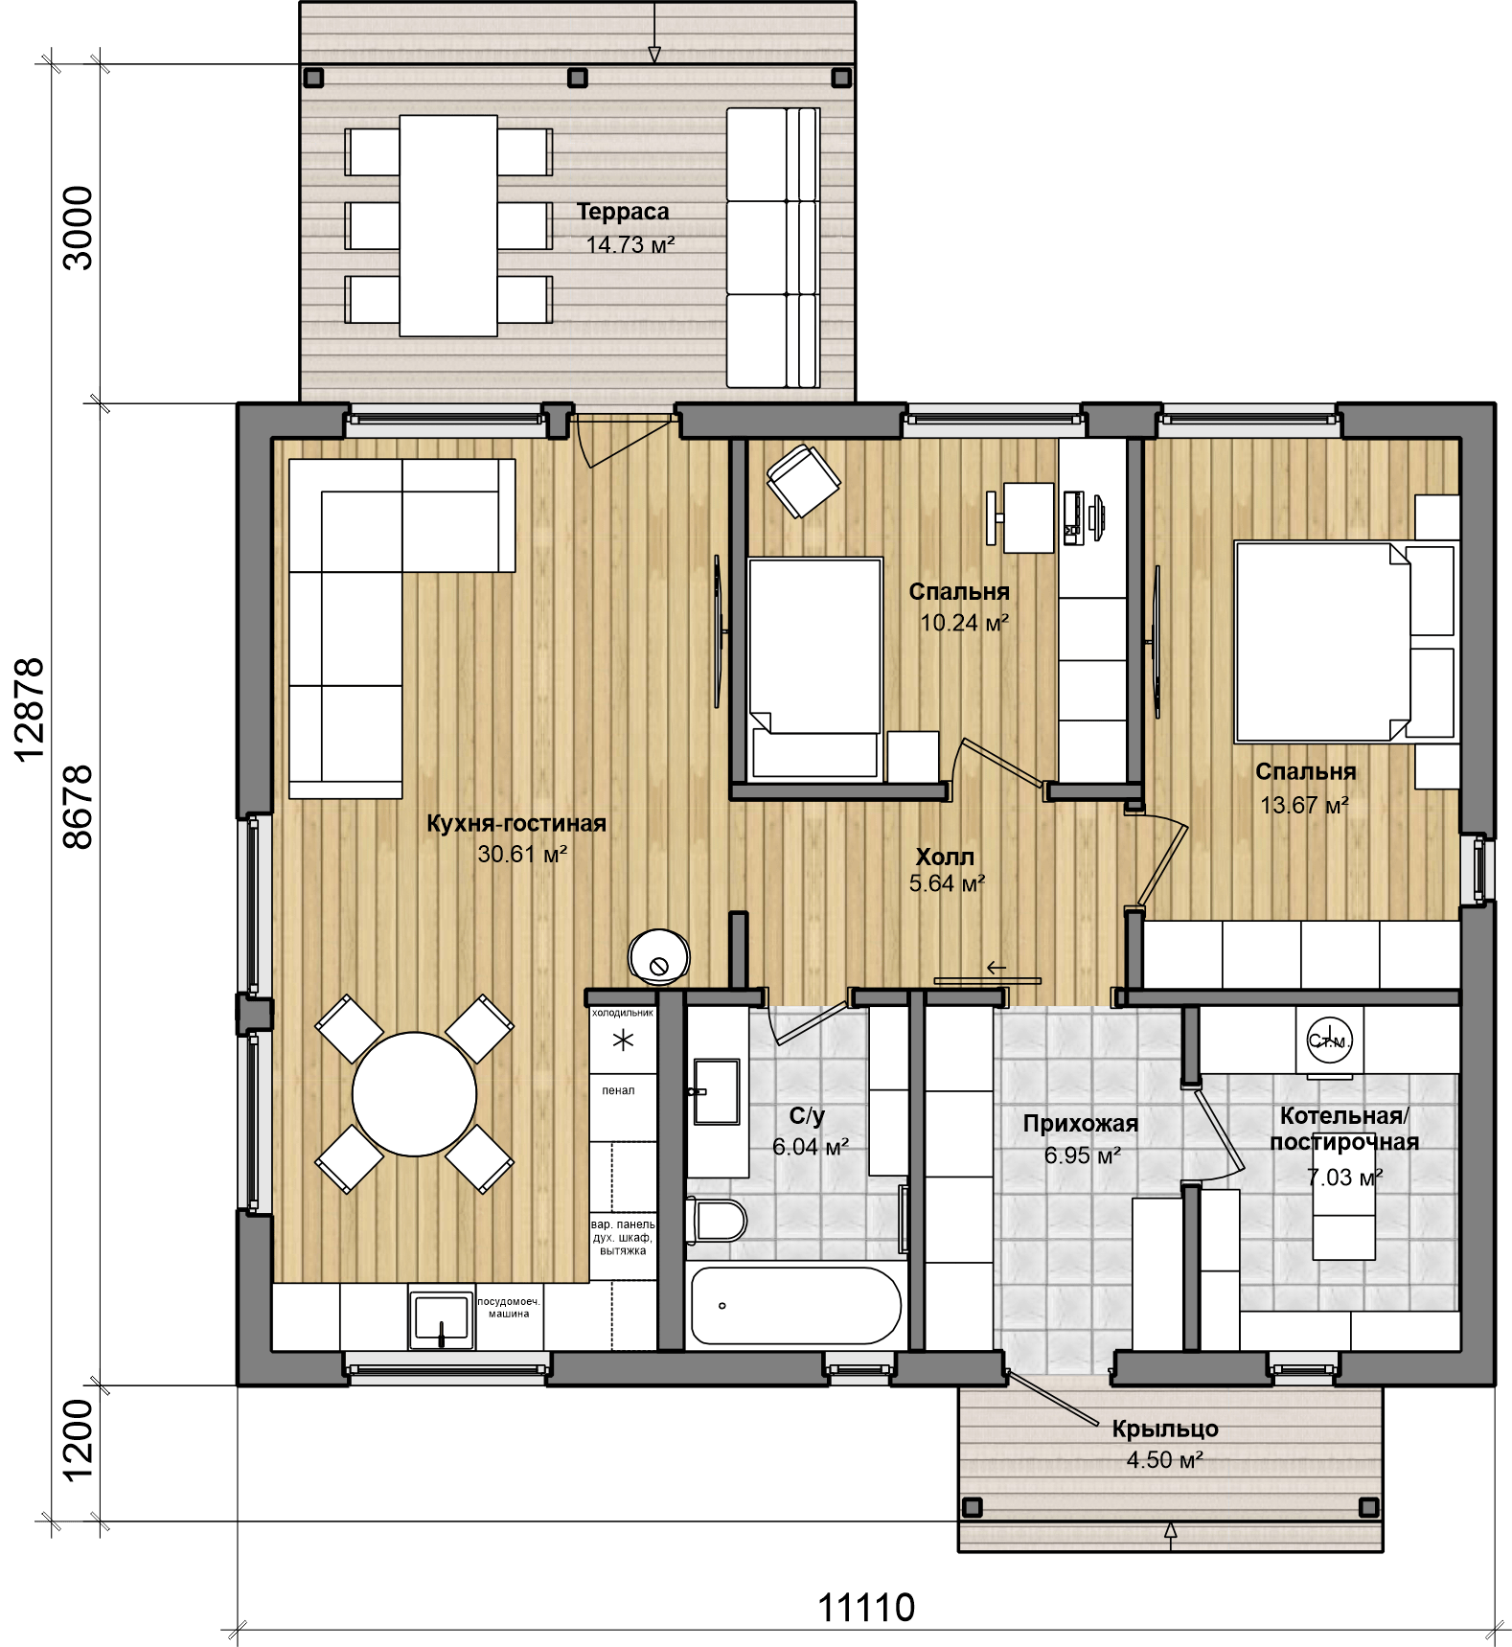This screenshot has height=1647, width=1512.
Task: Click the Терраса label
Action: pyautogui.click(x=623, y=212)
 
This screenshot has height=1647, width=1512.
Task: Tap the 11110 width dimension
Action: pyautogui.click(x=866, y=1607)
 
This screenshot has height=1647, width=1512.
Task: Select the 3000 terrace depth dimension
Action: pyautogui.click(x=78, y=228)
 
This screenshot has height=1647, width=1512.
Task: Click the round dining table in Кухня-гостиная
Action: pyautogui.click(x=414, y=1094)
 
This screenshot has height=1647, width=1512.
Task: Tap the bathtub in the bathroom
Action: pyautogui.click(x=796, y=1305)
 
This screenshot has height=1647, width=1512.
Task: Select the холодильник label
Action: pyautogui.click(x=623, y=1012)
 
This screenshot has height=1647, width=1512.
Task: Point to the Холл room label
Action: pyautogui.click(x=945, y=857)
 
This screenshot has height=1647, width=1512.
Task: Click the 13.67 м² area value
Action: pyautogui.click(x=1304, y=805)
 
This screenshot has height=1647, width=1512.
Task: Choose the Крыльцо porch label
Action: pyautogui.click(x=1165, y=1429)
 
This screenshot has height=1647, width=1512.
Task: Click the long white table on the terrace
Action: pyautogui.click(x=448, y=225)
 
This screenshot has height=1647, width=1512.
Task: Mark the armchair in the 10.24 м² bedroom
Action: pyautogui.click(x=804, y=481)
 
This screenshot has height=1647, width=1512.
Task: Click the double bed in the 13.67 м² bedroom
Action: pyautogui.click(x=1322, y=642)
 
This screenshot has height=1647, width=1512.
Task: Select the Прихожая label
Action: pyautogui.click(x=1081, y=1124)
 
